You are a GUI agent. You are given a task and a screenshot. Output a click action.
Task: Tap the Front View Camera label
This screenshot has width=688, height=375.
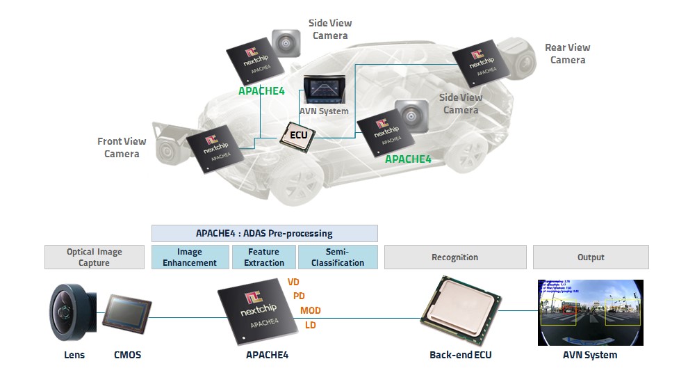coord(122,147)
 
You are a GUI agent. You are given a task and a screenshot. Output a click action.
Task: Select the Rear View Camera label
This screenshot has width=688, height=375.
coord(568,54)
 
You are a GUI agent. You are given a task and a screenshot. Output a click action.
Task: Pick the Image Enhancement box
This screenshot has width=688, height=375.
coord(190,257)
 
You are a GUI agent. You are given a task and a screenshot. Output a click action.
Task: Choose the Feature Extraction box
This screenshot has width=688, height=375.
coord(264,257)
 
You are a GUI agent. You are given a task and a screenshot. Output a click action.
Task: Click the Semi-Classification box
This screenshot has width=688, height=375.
coord(338,257)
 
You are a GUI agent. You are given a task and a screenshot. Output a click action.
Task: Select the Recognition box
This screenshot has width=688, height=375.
coord(454,257)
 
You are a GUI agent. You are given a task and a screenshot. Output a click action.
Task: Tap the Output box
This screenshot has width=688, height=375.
coord(591,257)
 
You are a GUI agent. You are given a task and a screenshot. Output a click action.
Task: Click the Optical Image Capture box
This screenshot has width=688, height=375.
coord(94,257)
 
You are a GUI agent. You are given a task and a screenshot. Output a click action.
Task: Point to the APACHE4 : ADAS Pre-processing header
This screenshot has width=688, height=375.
coord(264,233)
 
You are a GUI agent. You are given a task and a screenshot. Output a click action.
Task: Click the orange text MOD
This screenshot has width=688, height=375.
coord(310,310)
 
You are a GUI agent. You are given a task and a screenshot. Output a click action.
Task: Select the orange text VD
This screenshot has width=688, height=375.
coord(293,282)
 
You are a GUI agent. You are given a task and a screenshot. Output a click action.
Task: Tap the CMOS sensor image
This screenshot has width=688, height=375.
coord(127,316)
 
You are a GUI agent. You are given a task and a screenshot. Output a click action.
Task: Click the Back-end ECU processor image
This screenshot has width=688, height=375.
coord(459,312)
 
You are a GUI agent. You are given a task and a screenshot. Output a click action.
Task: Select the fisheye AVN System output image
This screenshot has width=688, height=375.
coord(591,312)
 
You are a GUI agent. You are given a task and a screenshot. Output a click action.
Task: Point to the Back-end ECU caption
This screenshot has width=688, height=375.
coord(460,355)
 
